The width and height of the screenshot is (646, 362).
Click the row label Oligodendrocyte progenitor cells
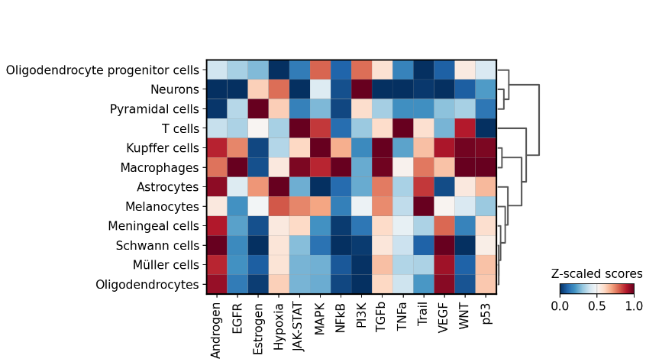pos(103,70)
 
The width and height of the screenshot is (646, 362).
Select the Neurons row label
pos(176,89)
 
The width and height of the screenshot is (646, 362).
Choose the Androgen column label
pos(217,328)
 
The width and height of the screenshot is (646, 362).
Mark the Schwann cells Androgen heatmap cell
pos(217,246)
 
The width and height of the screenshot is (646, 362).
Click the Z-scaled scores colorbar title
pos(596,273)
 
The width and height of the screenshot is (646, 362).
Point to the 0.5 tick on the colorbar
pos(596,305)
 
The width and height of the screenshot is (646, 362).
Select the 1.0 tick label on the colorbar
pos(633,305)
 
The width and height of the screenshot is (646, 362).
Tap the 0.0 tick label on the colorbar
pos(560,305)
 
